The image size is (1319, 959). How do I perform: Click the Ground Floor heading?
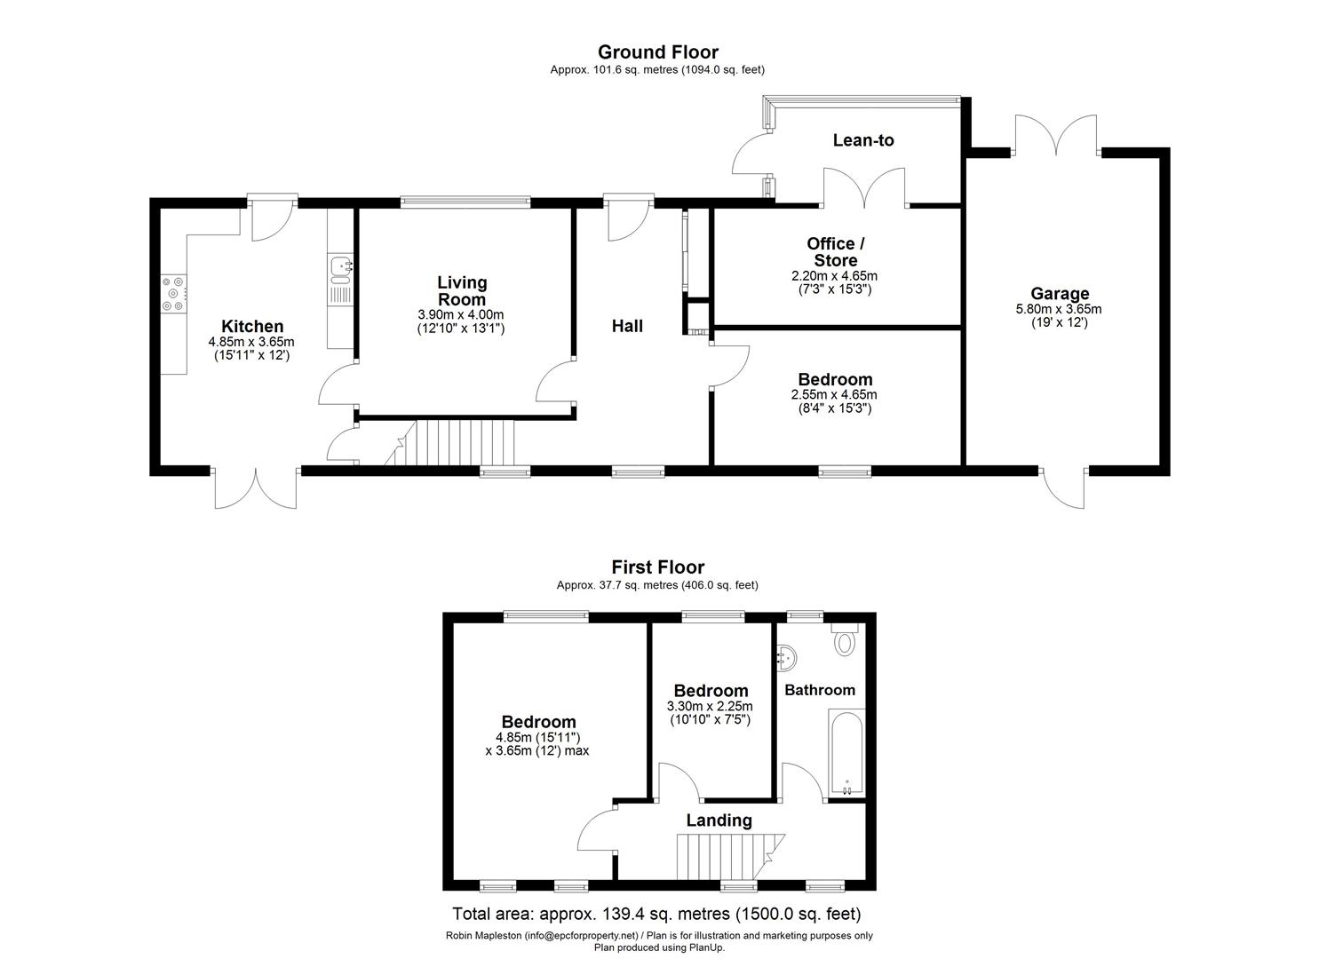pyautogui.click(x=657, y=52)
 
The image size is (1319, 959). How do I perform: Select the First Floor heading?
pyautogui.click(x=657, y=567)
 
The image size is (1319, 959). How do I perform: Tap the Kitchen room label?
pyautogui.click(x=252, y=327)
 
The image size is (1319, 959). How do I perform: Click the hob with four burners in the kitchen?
pyautogui.click(x=173, y=294)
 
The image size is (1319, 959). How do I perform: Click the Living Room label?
pyautogui.click(x=462, y=290)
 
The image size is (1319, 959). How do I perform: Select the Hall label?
pyautogui.click(x=627, y=326)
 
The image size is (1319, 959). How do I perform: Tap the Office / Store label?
pyautogui.click(x=836, y=252)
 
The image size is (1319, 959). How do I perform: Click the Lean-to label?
pyautogui.click(x=863, y=140)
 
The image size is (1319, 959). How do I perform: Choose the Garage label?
pyautogui.click(x=1060, y=294)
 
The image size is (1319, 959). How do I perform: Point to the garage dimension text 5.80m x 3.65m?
pyautogui.click(x=1060, y=310)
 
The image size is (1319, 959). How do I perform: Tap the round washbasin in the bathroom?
pyautogui.click(x=786, y=658)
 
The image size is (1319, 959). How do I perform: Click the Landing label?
pyautogui.click(x=719, y=820)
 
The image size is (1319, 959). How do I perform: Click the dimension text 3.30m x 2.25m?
pyautogui.click(x=710, y=707)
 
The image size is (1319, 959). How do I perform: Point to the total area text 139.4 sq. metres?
pyautogui.click(x=657, y=914)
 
